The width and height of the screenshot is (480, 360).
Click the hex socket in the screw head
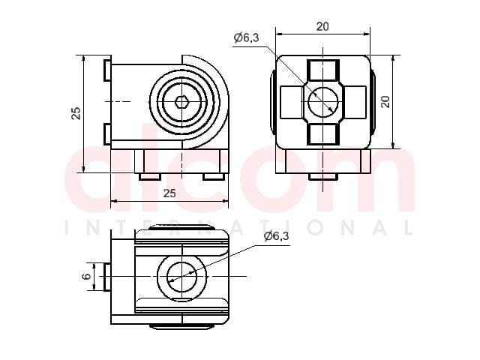181,102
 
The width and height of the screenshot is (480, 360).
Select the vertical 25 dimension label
76,113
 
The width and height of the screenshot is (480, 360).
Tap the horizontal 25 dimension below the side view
169,193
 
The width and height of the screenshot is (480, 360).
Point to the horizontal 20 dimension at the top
322,27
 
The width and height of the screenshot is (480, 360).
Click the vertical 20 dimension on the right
386,102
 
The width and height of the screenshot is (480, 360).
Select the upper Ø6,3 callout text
247,37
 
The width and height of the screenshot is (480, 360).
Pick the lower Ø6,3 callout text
276,236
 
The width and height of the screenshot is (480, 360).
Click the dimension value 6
87,277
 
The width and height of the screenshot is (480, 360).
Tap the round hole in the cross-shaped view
323,102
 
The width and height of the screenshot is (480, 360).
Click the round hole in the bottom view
181,277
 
